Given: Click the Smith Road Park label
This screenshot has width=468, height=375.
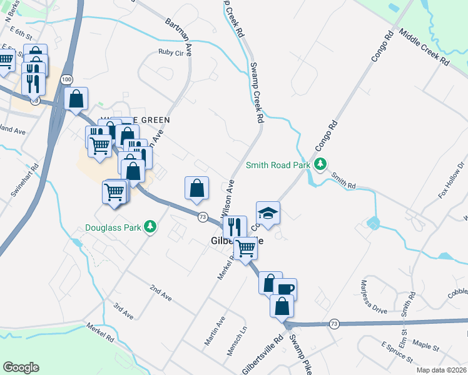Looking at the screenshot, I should pyautogui.click(x=278, y=166).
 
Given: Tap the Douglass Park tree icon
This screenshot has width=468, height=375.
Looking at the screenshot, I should pyautogui.click(x=150, y=226).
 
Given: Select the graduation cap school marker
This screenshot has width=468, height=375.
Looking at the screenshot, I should pyautogui.click(x=268, y=213).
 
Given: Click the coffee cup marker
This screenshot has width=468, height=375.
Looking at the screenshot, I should pyautogui.click(x=285, y=289).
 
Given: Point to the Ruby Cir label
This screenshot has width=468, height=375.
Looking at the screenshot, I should pyautogui.click(x=173, y=52).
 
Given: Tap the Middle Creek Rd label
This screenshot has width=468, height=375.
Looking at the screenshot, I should pyautogui.click(x=424, y=49).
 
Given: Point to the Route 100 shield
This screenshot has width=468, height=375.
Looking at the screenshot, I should pyautogui.click(x=67, y=79).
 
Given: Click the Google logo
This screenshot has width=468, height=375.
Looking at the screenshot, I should pyautogui.click(x=21, y=367).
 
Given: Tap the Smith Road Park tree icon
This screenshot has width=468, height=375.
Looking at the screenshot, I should pyautogui.click(x=320, y=164).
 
